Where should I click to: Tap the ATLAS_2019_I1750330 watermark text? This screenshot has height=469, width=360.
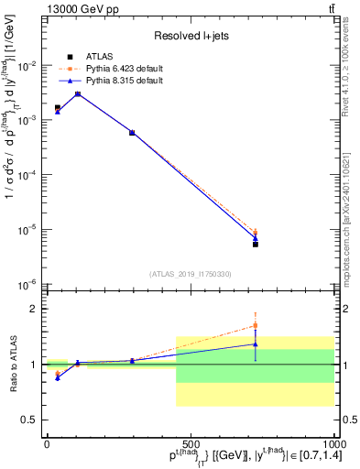(190, 274)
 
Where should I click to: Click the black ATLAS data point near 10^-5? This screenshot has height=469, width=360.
(256, 245)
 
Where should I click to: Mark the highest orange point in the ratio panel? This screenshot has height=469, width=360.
(256, 325)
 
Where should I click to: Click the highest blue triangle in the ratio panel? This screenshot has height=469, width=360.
(256, 344)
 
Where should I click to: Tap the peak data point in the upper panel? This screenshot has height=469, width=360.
(78, 93)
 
